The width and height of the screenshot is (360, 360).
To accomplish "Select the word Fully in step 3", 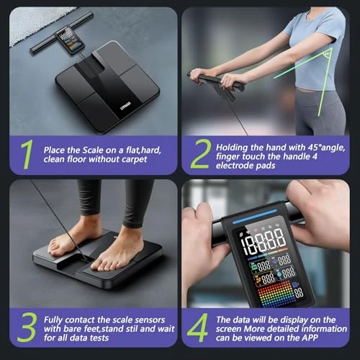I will tap(56, 318).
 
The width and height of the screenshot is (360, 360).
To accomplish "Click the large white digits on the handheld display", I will tap(263, 239).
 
